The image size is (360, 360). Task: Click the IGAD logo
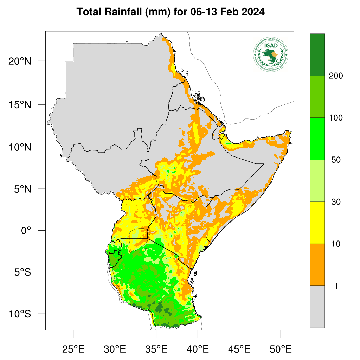click(x=271, y=54)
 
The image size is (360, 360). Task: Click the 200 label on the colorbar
click(x=336, y=76)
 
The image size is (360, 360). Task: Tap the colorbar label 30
click(x=336, y=202)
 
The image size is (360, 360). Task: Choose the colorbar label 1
click(x=336, y=286)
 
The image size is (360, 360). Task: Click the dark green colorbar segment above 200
click(x=317, y=54)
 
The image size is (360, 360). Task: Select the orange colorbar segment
click(x=317, y=264)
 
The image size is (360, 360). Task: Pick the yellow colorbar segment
click(x=317, y=223)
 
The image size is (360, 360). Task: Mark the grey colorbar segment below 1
click(x=317, y=307)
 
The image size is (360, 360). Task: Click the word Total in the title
click(x=89, y=12)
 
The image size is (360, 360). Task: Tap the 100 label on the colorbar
click(x=336, y=118)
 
